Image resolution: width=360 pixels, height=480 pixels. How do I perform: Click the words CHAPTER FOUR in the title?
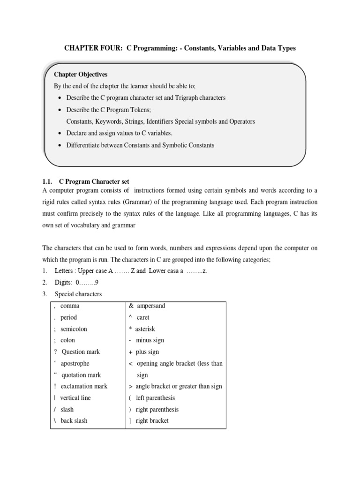(85, 49)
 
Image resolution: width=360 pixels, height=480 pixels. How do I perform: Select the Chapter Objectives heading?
(81, 75)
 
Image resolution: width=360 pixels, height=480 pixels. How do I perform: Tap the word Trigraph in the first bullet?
(174, 98)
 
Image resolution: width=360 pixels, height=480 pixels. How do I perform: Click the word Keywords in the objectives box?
(112, 121)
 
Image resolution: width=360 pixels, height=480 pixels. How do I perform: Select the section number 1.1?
(48, 181)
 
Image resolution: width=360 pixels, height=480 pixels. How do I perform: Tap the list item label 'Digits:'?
(65, 283)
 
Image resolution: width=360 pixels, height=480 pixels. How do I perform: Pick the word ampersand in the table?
(151, 306)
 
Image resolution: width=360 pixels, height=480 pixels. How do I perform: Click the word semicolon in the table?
(74, 329)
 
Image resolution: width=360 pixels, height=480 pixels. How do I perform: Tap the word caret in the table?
(143, 317)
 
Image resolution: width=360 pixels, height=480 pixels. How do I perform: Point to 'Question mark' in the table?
(81, 352)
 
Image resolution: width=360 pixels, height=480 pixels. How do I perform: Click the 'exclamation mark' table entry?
(84, 386)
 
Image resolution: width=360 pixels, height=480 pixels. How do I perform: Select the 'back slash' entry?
(74, 420)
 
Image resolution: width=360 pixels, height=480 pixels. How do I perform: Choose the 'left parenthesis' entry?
(155, 398)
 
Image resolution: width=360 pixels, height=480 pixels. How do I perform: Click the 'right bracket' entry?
(152, 420)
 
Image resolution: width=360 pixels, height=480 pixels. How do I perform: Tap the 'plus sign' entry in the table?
(147, 352)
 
